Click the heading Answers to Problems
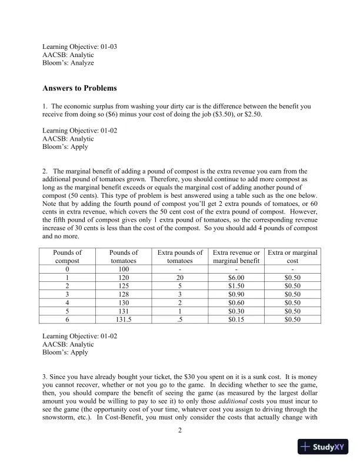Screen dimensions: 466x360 79,88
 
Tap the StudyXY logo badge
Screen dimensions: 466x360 323,446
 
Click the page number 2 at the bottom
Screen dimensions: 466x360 180,430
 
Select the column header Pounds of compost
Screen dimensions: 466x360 67,257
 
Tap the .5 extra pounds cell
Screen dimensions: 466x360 179,319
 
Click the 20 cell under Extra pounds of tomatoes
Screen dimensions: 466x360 179,278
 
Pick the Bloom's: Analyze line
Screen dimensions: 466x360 68,63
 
